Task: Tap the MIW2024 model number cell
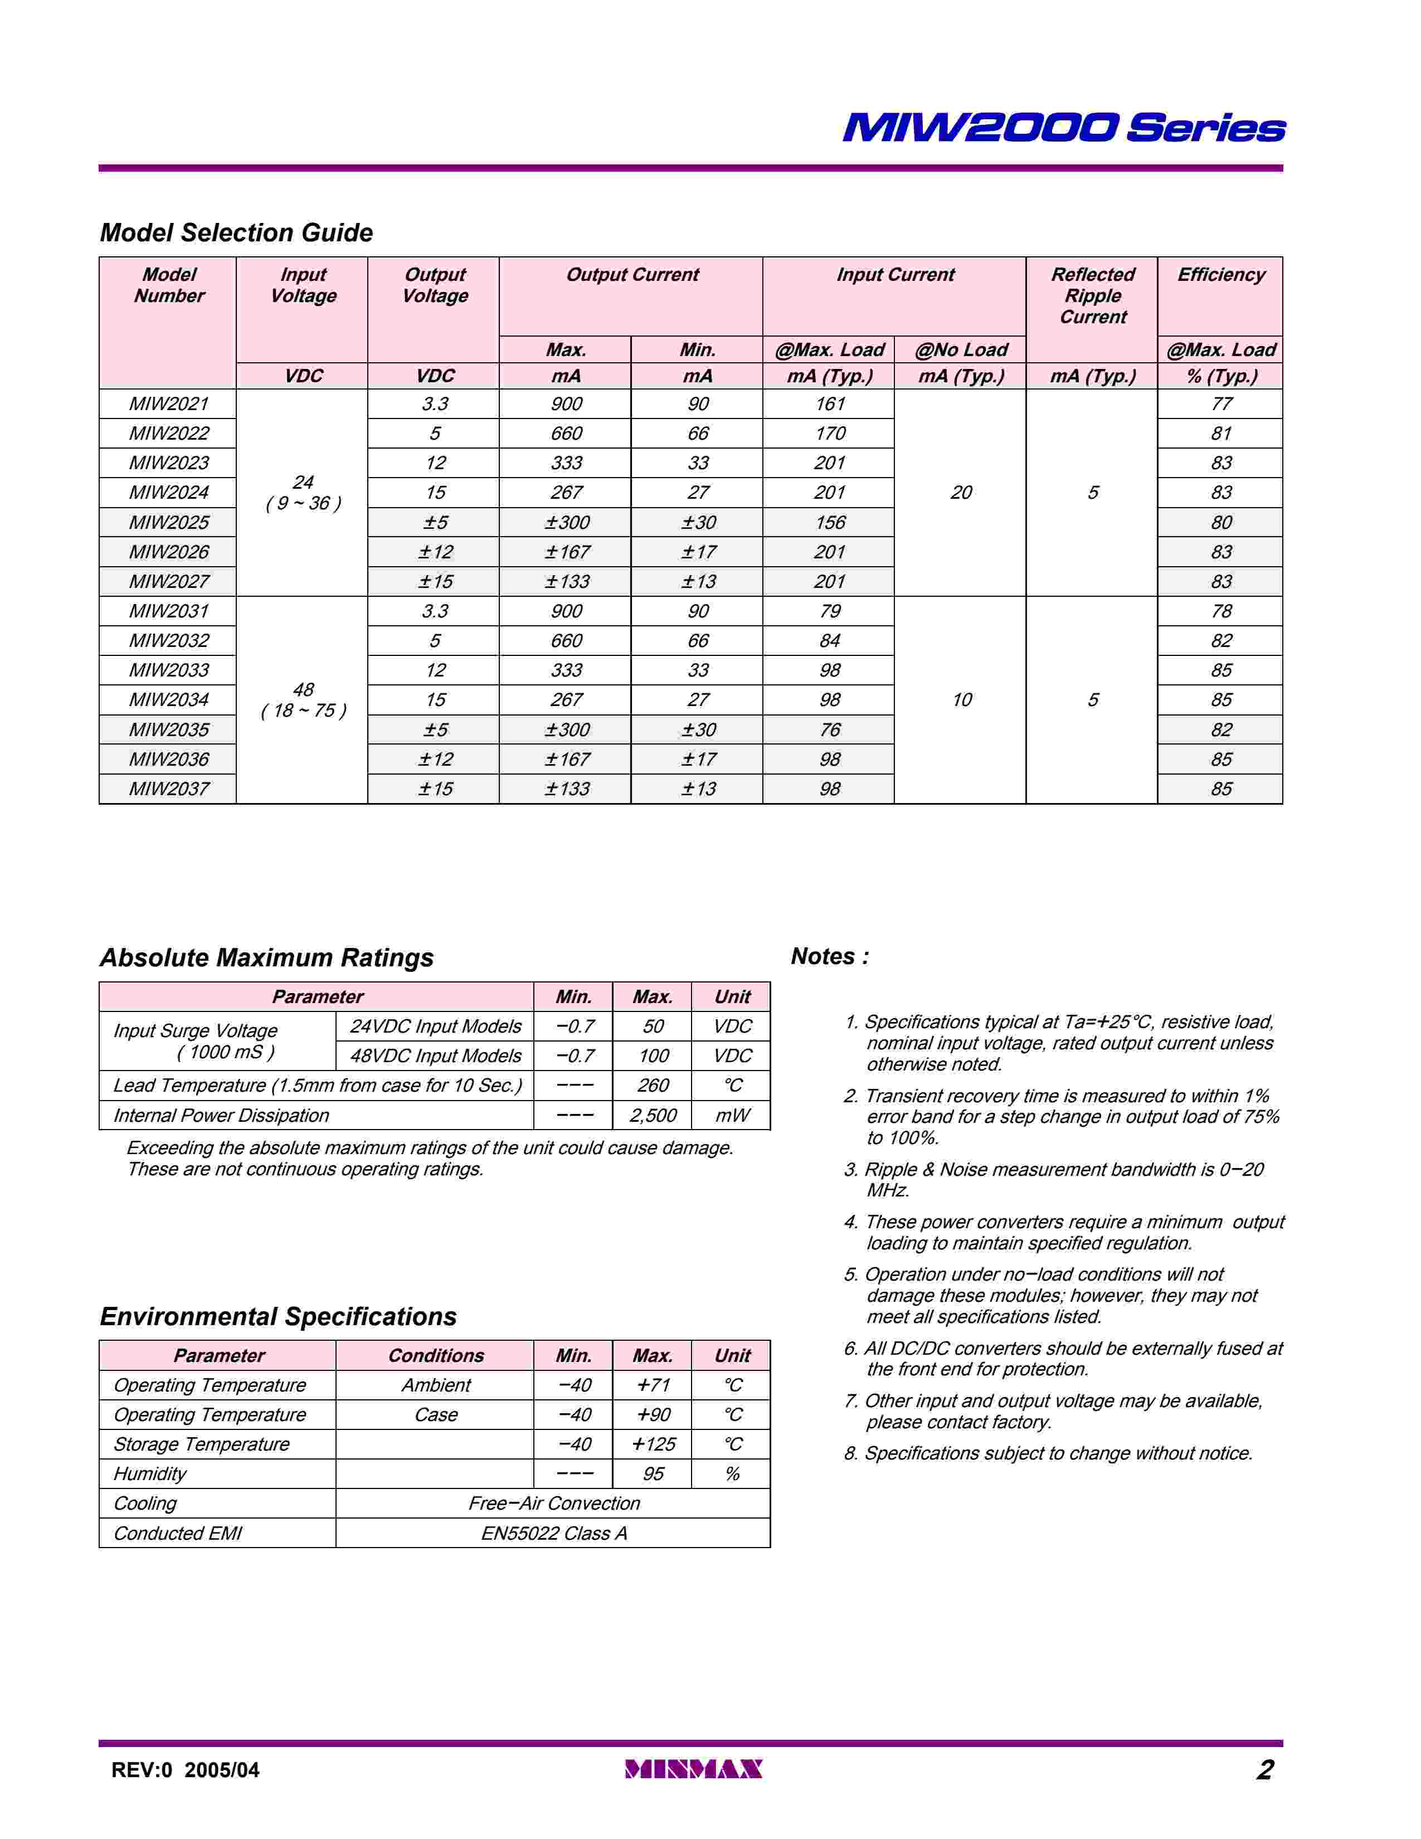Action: click(x=168, y=493)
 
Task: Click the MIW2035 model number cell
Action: click(x=168, y=730)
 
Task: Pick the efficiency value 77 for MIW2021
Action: click(x=1220, y=404)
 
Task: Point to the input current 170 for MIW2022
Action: click(x=829, y=434)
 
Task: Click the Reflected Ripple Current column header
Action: click(x=1092, y=295)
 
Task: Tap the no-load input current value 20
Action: click(x=961, y=493)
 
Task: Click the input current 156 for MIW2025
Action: click(x=829, y=523)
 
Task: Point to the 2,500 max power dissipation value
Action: click(x=653, y=1116)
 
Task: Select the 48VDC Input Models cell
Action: click(x=435, y=1056)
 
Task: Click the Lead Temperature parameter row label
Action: click(x=318, y=1086)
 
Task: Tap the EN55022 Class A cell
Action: click(x=553, y=1534)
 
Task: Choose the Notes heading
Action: click(x=829, y=956)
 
